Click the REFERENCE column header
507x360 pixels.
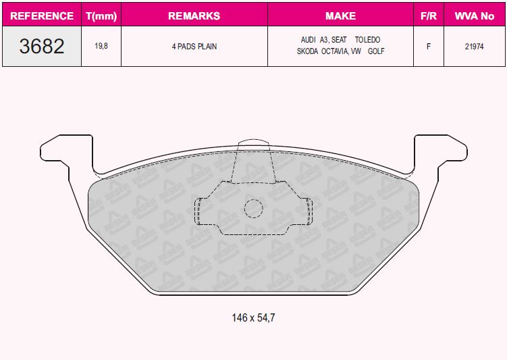tap(42, 16)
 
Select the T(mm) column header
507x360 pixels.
tap(101, 16)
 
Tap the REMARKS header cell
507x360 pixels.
tap(194, 16)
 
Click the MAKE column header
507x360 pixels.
tap(340, 16)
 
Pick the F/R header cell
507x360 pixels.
tap(429, 16)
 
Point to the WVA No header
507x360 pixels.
tap(475, 16)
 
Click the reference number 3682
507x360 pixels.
tap(42, 46)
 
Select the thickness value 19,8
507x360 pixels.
tap(101, 46)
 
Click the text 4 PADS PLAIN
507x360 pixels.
tap(194, 46)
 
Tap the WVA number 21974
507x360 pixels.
tap(475, 46)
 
